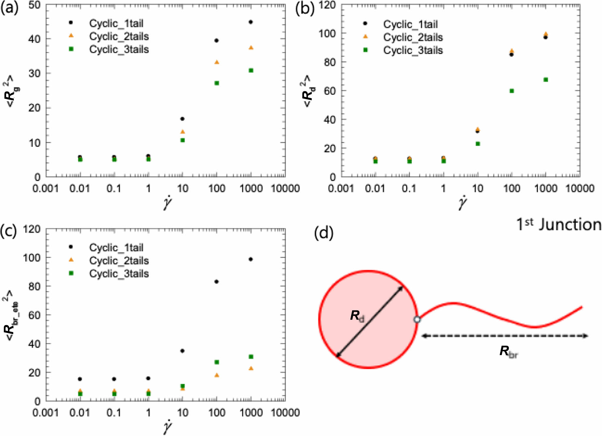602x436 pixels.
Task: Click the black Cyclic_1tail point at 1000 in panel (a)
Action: pyautogui.click(x=251, y=22)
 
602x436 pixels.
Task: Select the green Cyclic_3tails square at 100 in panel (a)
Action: pyautogui.click(x=217, y=83)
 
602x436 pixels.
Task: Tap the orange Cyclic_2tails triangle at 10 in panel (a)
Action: pyautogui.click(x=183, y=132)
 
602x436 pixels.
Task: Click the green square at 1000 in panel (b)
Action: pyautogui.click(x=546, y=80)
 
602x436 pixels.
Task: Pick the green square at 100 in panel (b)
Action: pyautogui.click(x=512, y=91)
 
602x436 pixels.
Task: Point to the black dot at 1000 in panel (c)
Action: pyautogui.click(x=251, y=259)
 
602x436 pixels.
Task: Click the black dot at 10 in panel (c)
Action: pyautogui.click(x=182, y=351)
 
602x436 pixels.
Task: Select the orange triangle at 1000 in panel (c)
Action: pyautogui.click(x=251, y=368)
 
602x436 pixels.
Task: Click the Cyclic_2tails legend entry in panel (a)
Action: pyautogui.click(x=119, y=36)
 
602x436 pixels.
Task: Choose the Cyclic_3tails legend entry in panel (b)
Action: pyautogui.click(x=413, y=50)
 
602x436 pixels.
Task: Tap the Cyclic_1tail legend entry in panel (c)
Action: pyautogui.click(x=116, y=248)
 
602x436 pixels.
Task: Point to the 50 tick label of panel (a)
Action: pyautogui.click(x=34, y=5)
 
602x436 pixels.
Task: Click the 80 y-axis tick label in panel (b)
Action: pyautogui.click(x=329, y=62)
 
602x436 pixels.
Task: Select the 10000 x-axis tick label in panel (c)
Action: pyautogui.click(x=285, y=412)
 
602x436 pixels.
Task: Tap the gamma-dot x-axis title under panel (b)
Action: pyautogui.click(x=463, y=202)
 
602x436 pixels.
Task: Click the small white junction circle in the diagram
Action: pyautogui.click(x=417, y=319)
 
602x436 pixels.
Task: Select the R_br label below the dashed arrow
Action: pyautogui.click(x=508, y=351)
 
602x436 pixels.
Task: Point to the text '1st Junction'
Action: pyautogui.click(x=558, y=224)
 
